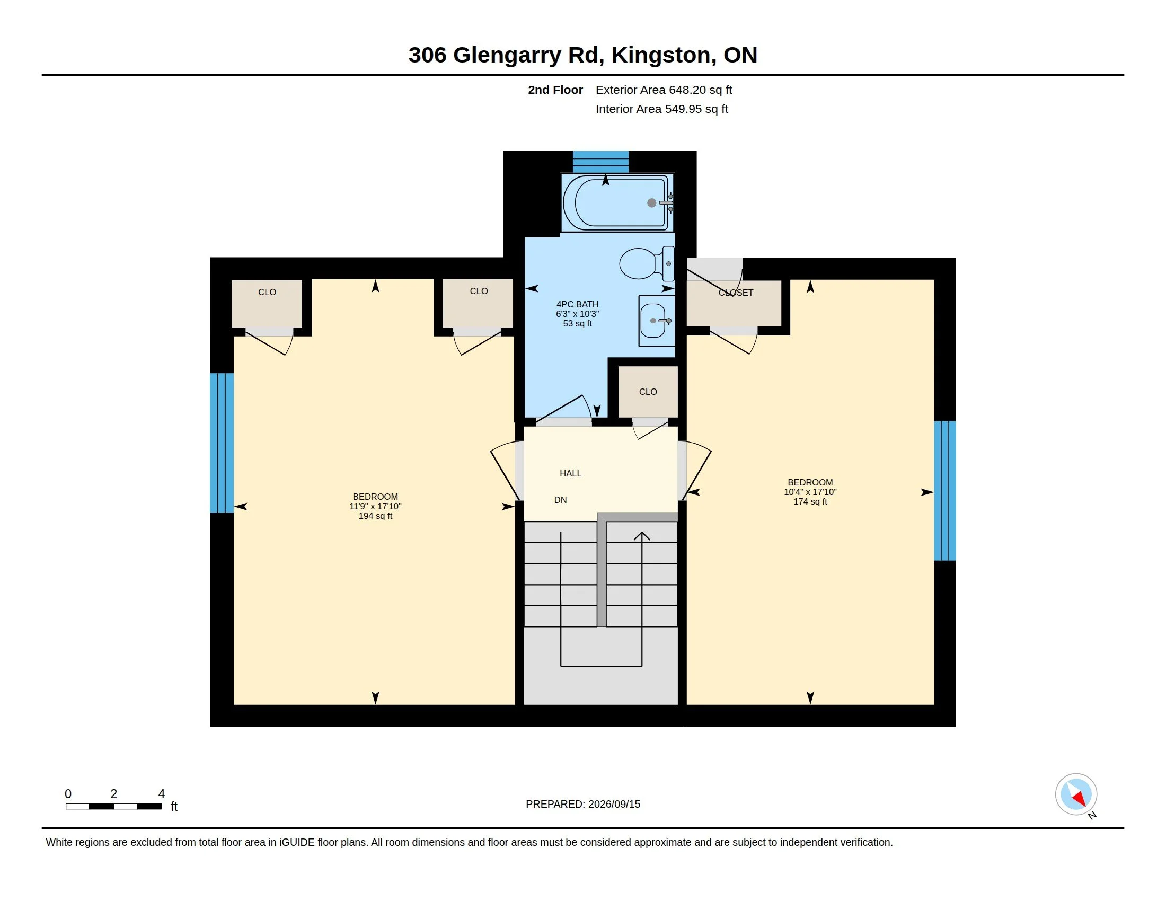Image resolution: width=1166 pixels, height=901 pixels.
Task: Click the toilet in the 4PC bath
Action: [x=647, y=264]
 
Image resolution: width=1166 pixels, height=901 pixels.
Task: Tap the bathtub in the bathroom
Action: [x=617, y=203]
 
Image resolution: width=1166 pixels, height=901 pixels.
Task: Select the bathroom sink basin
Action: [x=656, y=320]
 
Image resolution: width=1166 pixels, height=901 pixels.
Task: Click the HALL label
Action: [x=570, y=473]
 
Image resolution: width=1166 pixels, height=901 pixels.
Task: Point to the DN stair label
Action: [x=561, y=500]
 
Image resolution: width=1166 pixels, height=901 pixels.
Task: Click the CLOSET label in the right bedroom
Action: [x=736, y=293]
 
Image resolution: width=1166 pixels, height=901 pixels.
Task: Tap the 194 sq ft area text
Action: [x=375, y=516]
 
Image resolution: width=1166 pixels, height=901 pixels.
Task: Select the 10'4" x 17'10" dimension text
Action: [x=810, y=492]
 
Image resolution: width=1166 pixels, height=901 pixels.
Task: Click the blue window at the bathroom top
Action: [x=600, y=162]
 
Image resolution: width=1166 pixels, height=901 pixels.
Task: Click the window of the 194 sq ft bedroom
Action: [x=222, y=443]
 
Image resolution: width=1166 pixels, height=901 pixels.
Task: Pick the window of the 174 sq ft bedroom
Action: [x=945, y=491]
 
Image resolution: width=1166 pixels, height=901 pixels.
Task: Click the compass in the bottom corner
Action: [x=1076, y=794]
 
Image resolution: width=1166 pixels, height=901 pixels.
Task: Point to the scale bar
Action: [x=114, y=806]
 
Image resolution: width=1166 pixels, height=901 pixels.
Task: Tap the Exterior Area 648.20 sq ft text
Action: [x=664, y=90]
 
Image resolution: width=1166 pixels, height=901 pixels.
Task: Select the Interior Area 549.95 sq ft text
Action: [x=661, y=109]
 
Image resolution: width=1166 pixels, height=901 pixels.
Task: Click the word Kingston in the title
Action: [x=661, y=55]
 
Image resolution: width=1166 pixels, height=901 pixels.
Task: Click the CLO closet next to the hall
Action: [x=648, y=392]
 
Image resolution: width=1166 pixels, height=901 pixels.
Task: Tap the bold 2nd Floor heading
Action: [x=555, y=90]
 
